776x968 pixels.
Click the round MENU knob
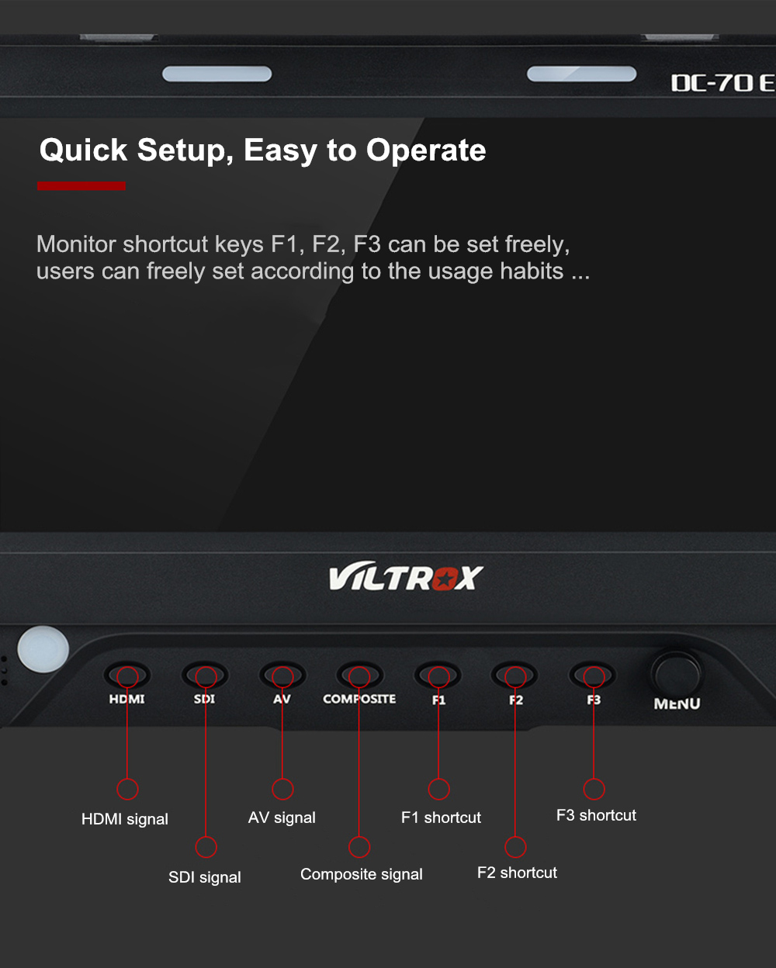point(676,674)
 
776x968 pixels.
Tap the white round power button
point(43,649)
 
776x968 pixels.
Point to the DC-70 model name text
point(723,83)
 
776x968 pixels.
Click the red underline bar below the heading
point(81,186)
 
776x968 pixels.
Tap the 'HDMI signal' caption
point(125,818)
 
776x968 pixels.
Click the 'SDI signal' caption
point(205,876)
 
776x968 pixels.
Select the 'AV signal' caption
point(282,818)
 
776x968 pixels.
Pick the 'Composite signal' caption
point(362,874)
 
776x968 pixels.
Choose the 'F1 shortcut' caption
point(441,817)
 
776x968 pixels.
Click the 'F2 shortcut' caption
point(517,872)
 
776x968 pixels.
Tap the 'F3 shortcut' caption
point(597,814)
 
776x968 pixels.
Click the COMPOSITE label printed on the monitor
point(359,699)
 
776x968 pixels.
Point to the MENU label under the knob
point(677,704)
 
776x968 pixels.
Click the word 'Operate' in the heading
point(426,150)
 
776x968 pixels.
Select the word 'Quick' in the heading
point(83,150)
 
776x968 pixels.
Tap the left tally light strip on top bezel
point(217,74)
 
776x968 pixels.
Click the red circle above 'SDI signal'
point(206,847)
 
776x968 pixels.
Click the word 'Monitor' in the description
point(76,244)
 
